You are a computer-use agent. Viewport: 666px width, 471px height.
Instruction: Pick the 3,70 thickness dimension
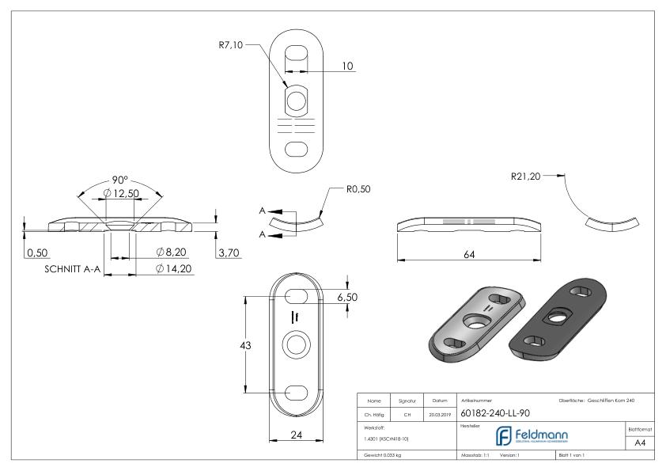[229, 252]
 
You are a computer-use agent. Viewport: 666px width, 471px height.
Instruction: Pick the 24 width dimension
[296, 434]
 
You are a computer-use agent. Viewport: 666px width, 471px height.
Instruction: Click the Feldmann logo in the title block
[527, 435]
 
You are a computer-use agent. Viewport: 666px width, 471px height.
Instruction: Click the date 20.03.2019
[439, 412]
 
